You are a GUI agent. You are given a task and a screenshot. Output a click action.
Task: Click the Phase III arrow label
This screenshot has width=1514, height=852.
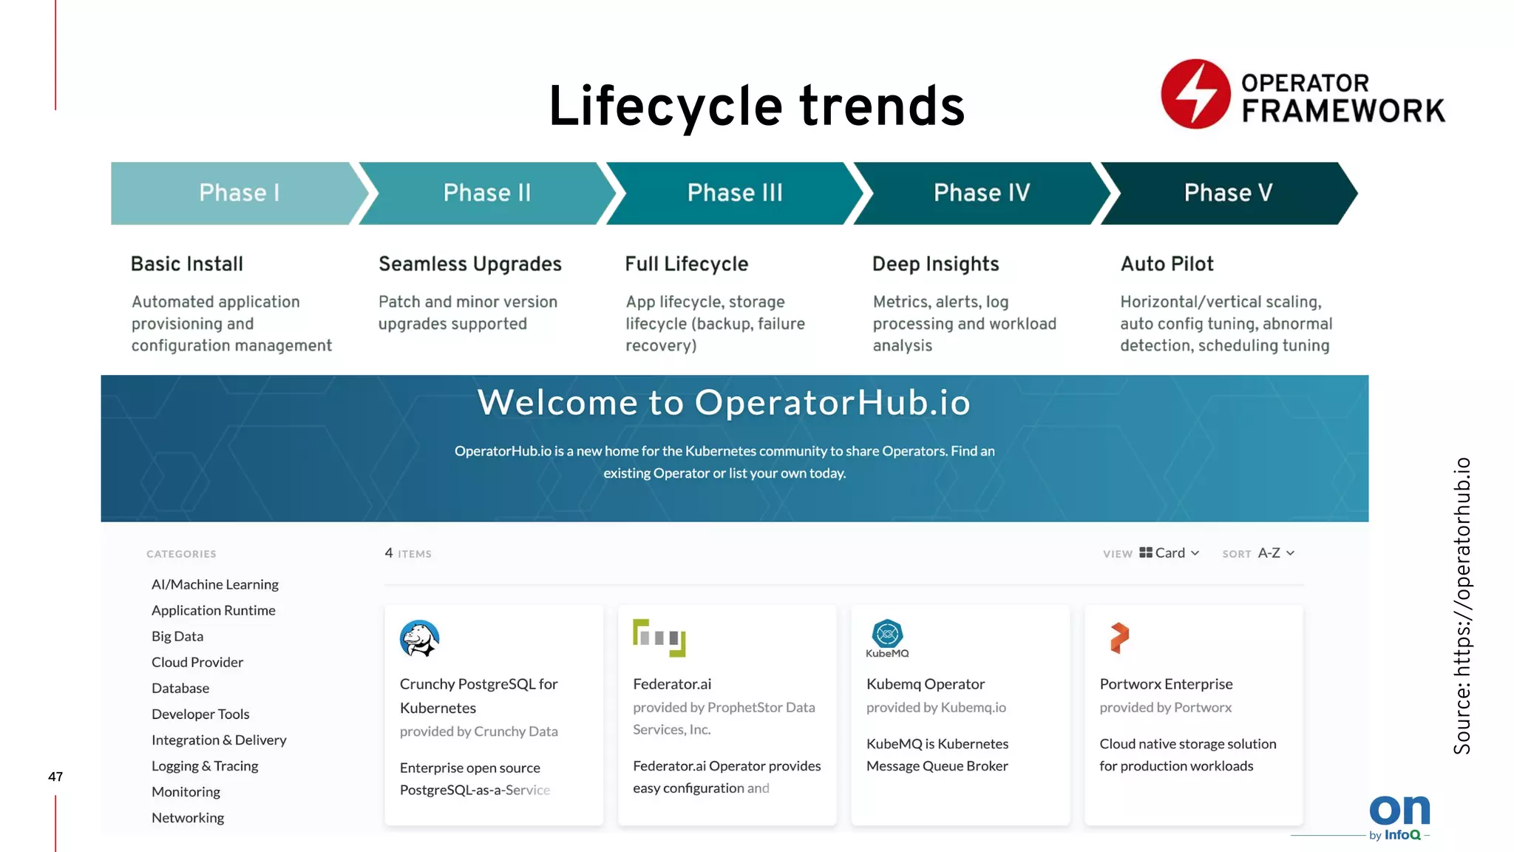[734, 193]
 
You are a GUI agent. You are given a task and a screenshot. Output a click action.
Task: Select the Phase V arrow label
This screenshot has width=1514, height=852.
[1228, 193]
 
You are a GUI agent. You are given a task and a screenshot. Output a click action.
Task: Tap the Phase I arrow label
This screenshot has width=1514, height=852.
[239, 193]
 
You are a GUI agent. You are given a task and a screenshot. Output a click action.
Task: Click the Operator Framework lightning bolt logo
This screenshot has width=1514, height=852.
[1195, 95]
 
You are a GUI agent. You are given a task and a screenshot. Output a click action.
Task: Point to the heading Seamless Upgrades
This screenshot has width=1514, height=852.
[469, 264]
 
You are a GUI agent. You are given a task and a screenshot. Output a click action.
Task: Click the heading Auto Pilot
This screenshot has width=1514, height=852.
[1167, 264]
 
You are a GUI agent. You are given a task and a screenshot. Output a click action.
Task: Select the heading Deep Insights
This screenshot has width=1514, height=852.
[935, 264]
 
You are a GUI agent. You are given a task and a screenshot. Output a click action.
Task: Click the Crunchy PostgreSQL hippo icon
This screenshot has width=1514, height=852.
[419, 638]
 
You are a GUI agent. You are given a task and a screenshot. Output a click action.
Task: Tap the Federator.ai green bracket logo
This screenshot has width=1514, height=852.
[659, 638]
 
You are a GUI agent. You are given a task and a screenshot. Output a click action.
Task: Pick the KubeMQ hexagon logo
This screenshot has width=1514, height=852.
[887, 635]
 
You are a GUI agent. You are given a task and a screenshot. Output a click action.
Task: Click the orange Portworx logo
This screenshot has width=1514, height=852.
[1119, 638]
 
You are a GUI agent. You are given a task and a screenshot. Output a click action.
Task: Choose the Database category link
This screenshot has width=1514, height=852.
[180, 689]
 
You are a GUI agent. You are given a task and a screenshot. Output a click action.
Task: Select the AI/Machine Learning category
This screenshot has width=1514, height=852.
[215, 584]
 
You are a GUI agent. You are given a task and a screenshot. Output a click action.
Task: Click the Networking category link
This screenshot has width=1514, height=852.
[188, 818]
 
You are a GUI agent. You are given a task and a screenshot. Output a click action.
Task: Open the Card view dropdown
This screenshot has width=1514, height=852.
[1170, 553]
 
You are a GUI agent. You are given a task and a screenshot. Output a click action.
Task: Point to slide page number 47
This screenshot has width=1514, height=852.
[55, 777]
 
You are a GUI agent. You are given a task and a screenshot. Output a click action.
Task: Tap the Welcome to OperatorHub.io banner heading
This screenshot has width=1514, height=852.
[724, 403]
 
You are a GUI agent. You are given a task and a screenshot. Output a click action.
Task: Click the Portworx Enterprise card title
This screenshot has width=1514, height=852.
[1166, 684]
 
